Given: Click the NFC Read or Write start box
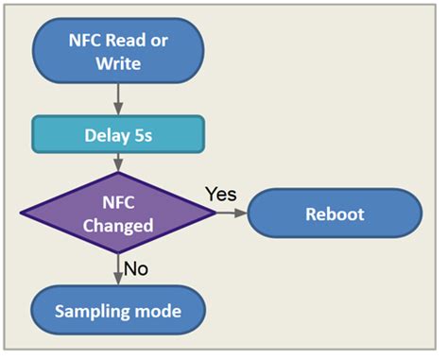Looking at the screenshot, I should click(117, 52).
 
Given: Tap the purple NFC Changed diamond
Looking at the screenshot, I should click(117, 213).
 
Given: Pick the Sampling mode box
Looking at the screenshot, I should click(117, 311).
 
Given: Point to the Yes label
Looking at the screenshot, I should click(220, 194).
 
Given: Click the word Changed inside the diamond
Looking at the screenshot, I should click(117, 225).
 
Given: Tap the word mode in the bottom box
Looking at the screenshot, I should click(157, 311).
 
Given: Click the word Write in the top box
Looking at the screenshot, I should click(117, 63).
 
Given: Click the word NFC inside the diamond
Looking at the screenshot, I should click(117, 201).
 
